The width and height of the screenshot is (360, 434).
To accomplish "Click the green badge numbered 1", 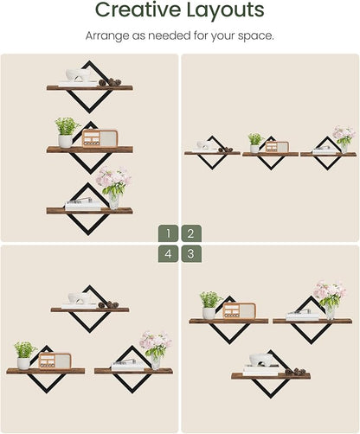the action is coord(168,233).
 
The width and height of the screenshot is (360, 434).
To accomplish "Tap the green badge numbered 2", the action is coord(191,233).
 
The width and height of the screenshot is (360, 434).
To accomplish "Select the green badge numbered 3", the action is coord(191,254).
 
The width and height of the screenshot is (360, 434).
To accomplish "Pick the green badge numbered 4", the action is coord(168,254).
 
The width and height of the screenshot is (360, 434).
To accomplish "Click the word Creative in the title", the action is coord(138,10).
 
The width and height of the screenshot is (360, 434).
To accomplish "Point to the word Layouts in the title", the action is coord(225,10).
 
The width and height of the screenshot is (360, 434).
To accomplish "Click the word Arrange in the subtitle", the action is coord(107,36).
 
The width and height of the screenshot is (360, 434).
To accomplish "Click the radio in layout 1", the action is coord(100,138).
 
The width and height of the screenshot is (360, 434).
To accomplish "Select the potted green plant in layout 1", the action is coord(67,132).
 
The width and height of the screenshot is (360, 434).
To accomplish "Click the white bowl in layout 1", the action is coord(78,75).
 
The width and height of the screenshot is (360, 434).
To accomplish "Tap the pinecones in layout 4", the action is coord(108,304).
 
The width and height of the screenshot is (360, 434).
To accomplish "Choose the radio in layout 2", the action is coord(277,147).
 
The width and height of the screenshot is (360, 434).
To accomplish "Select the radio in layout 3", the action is coord(239,310).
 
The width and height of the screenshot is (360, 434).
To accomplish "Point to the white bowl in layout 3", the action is coord(260,360).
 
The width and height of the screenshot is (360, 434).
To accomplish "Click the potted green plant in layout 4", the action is coord(25,355).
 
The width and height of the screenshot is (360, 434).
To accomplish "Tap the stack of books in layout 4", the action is coord(127,366).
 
